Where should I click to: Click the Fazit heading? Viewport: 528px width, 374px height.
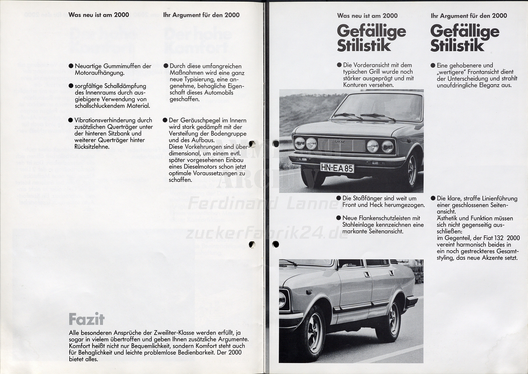coord(86,319)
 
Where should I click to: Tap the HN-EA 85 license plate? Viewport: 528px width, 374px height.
coord(337,168)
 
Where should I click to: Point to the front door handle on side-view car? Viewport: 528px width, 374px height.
coord(367,275)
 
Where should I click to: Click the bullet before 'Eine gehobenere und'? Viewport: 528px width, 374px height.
coord(433,65)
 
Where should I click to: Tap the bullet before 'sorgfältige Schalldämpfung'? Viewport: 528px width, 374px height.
coord(71,86)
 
